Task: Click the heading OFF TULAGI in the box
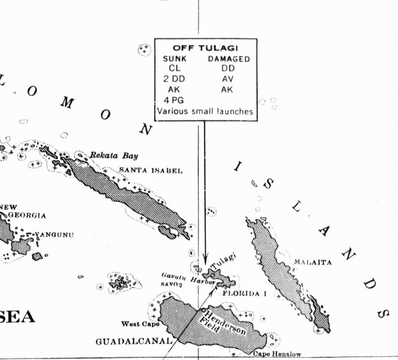(206, 48)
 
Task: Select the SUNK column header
(175, 59)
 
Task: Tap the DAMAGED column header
(228, 59)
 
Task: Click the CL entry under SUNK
(174, 68)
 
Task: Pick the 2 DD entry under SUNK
(174, 79)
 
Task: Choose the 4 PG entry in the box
(173, 100)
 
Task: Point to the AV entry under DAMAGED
(228, 79)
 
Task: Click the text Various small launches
(205, 111)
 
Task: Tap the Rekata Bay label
(114, 156)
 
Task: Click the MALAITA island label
(313, 262)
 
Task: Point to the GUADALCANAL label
(134, 342)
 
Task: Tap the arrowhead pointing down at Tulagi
(206, 260)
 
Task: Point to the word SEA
(17, 317)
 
